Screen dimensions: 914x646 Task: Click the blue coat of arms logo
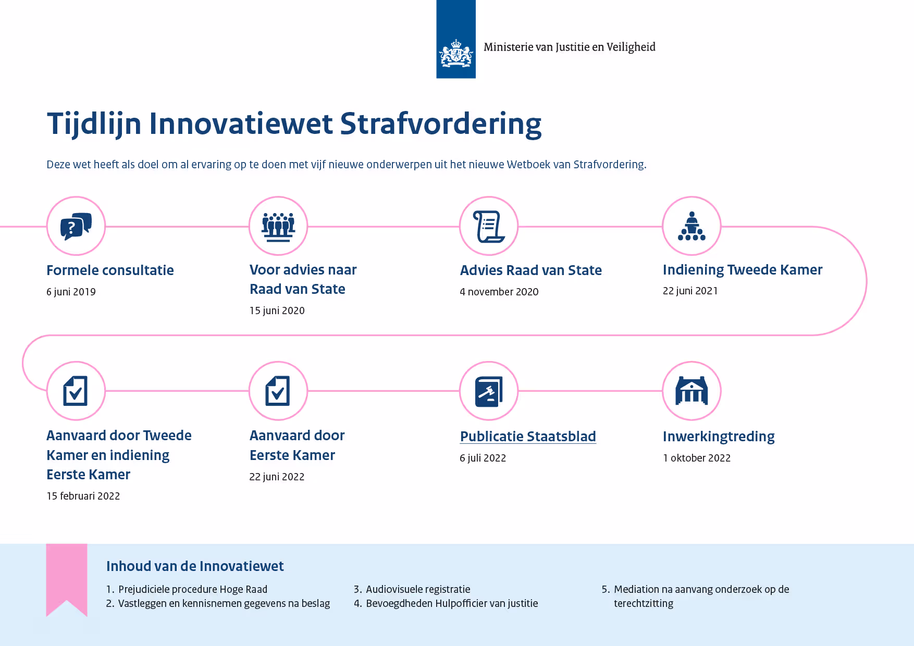[456, 39]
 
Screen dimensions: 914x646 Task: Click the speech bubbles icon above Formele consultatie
[76, 226]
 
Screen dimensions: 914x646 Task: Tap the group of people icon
[278, 227]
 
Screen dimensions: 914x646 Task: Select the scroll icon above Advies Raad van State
[489, 227]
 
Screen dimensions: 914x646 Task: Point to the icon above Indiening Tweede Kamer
[691, 226]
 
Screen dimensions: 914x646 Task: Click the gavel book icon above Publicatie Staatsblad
[489, 391]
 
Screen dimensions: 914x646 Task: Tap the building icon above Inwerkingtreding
[691, 391]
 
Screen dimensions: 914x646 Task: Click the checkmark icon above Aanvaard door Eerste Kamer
[278, 391]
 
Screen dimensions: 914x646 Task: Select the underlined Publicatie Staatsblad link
[528, 437]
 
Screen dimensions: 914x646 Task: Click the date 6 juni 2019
[71, 292]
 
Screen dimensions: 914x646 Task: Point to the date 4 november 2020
[499, 292]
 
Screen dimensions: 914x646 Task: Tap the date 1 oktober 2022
[697, 458]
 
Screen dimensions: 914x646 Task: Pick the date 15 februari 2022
[83, 496]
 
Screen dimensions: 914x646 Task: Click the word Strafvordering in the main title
[441, 124]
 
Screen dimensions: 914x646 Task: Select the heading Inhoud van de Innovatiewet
[195, 566]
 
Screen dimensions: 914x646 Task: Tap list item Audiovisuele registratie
[418, 589]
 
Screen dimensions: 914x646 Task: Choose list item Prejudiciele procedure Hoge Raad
[193, 589]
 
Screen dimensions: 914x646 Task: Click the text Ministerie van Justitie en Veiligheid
[570, 47]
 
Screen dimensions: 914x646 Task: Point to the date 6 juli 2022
[483, 458]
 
